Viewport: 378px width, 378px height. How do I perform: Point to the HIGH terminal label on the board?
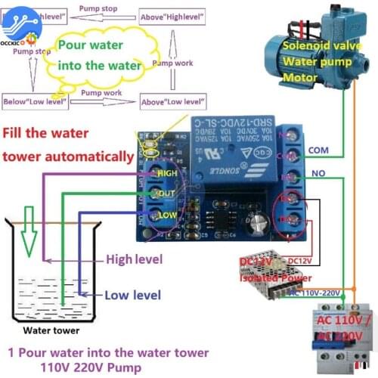(167, 172)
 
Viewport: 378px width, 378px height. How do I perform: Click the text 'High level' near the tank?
(134, 259)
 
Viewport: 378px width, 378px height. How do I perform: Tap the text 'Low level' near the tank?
(132, 296)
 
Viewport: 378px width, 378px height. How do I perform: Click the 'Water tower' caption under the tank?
(51, 330)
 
